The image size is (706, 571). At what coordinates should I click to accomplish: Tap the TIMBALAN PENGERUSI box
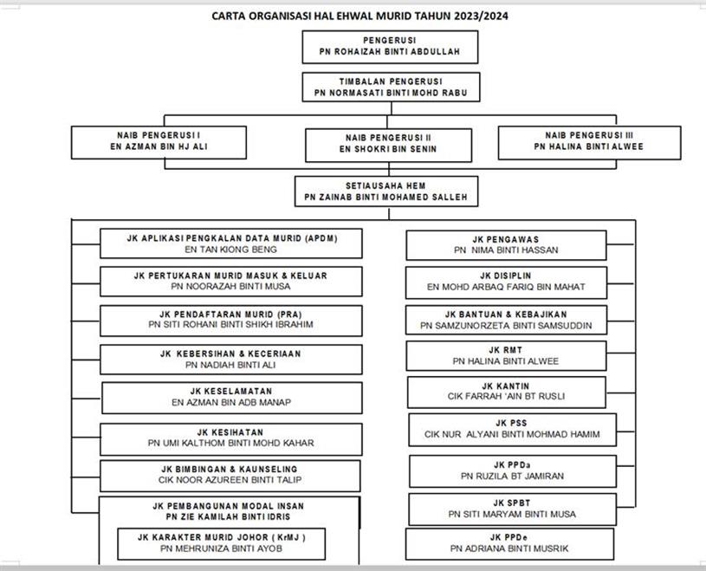pos(391,87)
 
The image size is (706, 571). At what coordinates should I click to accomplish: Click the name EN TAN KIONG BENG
pos(231,250)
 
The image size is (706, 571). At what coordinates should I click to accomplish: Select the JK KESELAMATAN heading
pos(231,391)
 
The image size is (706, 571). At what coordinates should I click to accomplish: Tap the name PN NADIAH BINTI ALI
pos(230,365)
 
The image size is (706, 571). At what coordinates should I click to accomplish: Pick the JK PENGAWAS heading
pos(506,239)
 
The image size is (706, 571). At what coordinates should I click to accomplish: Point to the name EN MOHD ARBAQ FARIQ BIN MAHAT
pos(506,287)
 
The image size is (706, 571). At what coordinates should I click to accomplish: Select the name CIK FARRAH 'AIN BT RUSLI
pos(506,396)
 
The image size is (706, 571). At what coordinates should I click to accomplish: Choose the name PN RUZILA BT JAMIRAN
pos(512,476)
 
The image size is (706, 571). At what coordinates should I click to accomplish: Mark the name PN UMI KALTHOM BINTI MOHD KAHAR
pos(231,443)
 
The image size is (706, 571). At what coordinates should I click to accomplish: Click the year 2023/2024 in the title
pos(481,16)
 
